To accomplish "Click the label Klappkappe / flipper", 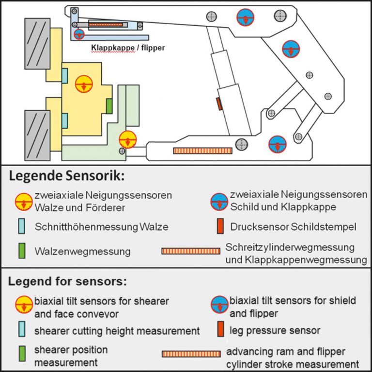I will [128, 48].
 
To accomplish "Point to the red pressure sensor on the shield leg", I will [219, 103].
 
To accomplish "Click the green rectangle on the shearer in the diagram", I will [109, 106].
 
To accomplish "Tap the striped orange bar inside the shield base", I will [203, 151].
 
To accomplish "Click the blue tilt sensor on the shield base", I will [278, 144].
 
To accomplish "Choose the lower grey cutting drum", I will [37, 135].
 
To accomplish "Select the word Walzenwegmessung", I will [82, 252].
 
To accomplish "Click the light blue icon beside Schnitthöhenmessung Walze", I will [22, 226].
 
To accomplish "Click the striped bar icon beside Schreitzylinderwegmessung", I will [191, 251].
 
